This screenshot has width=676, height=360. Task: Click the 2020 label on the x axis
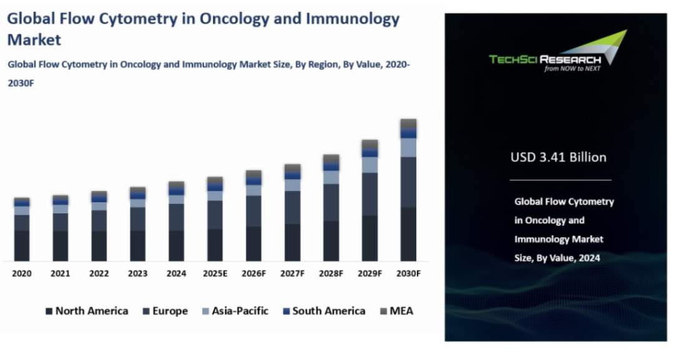[x=22, y=273]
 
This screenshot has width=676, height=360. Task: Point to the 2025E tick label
[x=215, y=273]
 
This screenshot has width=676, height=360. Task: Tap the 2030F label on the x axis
[x=408, y=273]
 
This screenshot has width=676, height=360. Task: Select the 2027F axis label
[x=292, y=273]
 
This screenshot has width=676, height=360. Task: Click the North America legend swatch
[x=49, y=311]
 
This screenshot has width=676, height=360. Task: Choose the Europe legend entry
[x=165, y=311]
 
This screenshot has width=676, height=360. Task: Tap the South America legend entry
[x=323, y=311]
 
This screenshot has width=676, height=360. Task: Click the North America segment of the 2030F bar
[x=408, y=234]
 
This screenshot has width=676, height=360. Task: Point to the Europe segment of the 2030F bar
[x=408, y=182]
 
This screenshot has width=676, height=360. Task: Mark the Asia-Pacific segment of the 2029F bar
[x=370, y=165]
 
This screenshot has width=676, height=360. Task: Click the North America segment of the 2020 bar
[x=22, y=245]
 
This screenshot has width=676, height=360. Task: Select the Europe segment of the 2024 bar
[x=176, y=217]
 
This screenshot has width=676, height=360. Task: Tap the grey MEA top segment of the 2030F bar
[x=408, y=124]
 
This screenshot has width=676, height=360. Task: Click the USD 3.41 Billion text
[x=558, y=157]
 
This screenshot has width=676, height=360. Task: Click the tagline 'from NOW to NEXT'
[x=572, y=69]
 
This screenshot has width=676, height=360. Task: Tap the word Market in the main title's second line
[x=34, y=40]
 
